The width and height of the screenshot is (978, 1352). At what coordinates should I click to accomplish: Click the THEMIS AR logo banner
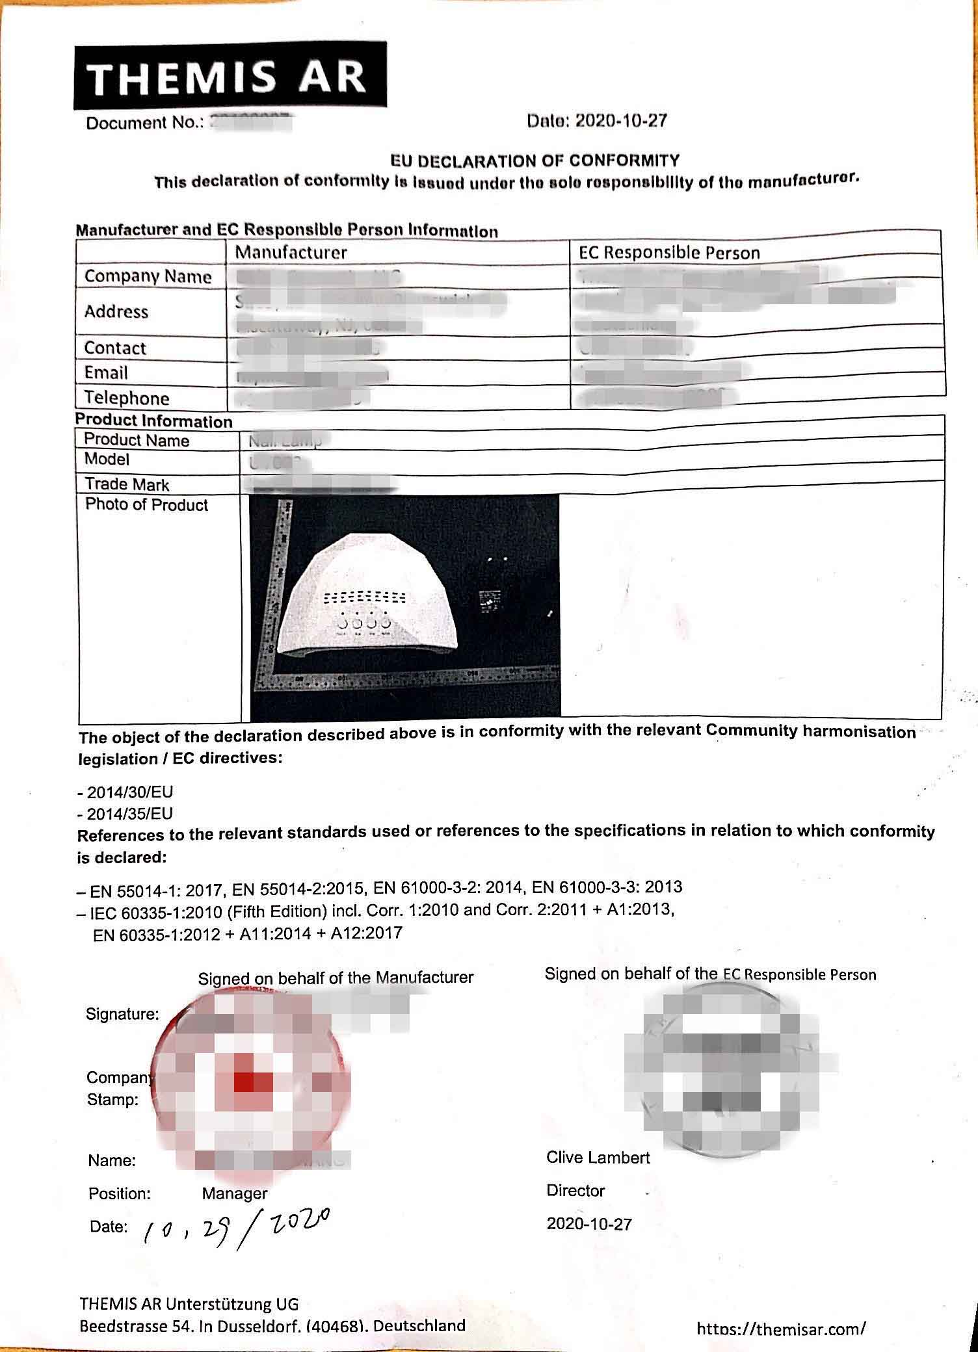230,76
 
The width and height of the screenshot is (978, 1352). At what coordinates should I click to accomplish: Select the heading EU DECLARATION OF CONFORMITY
535,161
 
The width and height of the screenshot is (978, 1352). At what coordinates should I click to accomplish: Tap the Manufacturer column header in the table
291,252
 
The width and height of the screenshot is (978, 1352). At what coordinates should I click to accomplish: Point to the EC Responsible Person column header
669,253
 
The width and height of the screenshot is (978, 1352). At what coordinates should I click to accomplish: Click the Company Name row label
148,277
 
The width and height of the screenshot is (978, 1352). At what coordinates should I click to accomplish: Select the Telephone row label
127,398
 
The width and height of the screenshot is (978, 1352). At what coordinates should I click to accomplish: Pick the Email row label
106,373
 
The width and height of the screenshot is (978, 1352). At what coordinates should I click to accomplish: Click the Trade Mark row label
127,484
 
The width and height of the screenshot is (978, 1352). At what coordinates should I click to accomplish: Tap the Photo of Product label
146,505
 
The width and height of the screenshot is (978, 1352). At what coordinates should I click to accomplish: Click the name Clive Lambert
598,1158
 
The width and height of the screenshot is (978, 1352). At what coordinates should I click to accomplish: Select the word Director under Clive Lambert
575,1191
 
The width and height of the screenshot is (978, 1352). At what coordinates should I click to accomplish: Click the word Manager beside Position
235,1193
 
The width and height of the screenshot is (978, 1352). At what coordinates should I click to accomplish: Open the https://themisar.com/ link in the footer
780,1329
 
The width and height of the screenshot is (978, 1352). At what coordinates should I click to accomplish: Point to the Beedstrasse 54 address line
272,1326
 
